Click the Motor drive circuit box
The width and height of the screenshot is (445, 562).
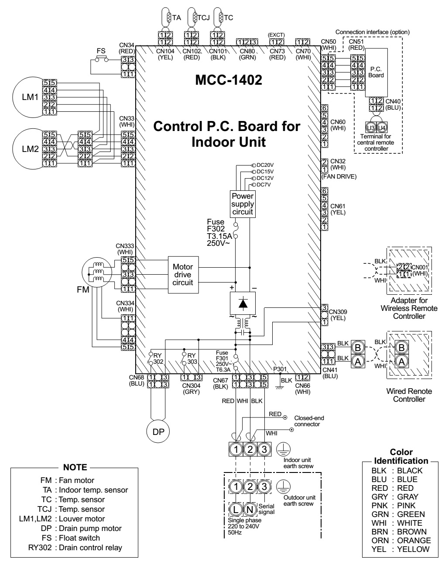183,275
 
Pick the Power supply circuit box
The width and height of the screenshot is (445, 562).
243,204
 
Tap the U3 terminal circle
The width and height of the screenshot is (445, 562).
371,128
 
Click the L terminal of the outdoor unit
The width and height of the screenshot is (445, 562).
235,509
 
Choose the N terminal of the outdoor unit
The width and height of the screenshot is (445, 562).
250,509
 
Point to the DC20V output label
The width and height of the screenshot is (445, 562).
265,165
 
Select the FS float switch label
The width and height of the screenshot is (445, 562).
101,51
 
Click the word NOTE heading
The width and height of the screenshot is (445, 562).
75,467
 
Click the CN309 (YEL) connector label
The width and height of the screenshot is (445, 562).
338,315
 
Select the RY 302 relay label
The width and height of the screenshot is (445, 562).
158,359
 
